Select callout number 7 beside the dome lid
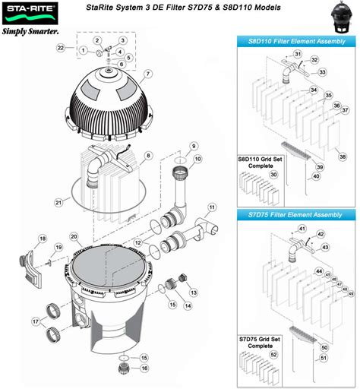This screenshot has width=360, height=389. [149, 74]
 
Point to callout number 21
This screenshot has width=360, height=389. [58, 202]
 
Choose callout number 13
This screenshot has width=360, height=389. [193, 292]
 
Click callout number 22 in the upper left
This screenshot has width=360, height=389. [61, 48]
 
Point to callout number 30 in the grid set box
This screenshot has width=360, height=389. [273, 174]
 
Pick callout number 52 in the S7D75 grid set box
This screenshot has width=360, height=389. [273, 355]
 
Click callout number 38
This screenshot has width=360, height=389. [343, 157]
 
